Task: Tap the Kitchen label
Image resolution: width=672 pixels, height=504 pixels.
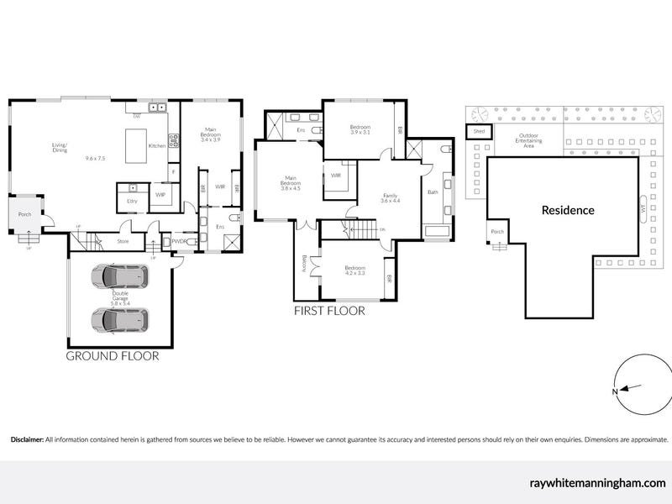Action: click(157, 146)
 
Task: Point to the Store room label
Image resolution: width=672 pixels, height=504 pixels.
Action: click(123, 242)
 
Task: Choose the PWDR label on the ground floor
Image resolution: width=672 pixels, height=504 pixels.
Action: click(179, 242)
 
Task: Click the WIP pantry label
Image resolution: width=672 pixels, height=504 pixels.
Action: click(160, 195)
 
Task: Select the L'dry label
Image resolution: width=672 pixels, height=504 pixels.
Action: click(132, 201)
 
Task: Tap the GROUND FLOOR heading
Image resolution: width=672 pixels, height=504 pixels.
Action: click(113, 355)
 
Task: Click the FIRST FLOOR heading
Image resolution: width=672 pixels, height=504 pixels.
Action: click(328, 311)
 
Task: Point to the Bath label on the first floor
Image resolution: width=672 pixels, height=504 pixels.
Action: click(433, 192)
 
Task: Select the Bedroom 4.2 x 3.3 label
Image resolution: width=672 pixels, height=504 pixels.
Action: click(355, 270)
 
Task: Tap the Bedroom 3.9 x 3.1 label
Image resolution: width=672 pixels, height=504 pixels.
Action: click(361, 129)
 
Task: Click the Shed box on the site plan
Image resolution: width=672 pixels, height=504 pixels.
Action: click(479, 132)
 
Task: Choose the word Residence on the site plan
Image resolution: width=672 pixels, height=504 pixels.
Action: click(568, 210)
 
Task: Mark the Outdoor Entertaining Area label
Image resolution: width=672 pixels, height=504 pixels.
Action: click(529, 140)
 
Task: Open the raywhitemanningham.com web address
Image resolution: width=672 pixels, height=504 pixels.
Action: click(600, 483)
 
